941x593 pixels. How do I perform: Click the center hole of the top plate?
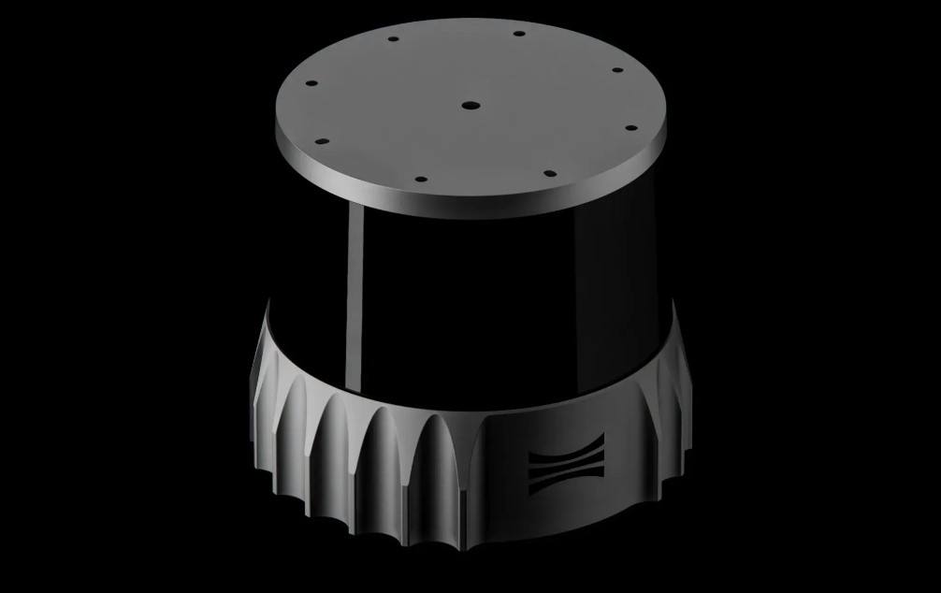[x=470, y=106]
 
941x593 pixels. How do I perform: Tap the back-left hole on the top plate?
[x=393, y=40]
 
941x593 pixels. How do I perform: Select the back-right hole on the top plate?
[x=519, y=34]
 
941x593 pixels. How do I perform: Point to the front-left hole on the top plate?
[x=420, y=179]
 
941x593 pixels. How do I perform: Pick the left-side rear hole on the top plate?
[x=311, y=82]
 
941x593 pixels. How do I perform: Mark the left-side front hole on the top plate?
[x=321, y=142]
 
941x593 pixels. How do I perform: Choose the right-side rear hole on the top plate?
[x=617, y=69]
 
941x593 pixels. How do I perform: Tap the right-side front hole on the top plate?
[x=630, y=129]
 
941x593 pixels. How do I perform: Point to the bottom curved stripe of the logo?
[x=566, y=483]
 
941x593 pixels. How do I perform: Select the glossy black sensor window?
[x=505, y=299]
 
